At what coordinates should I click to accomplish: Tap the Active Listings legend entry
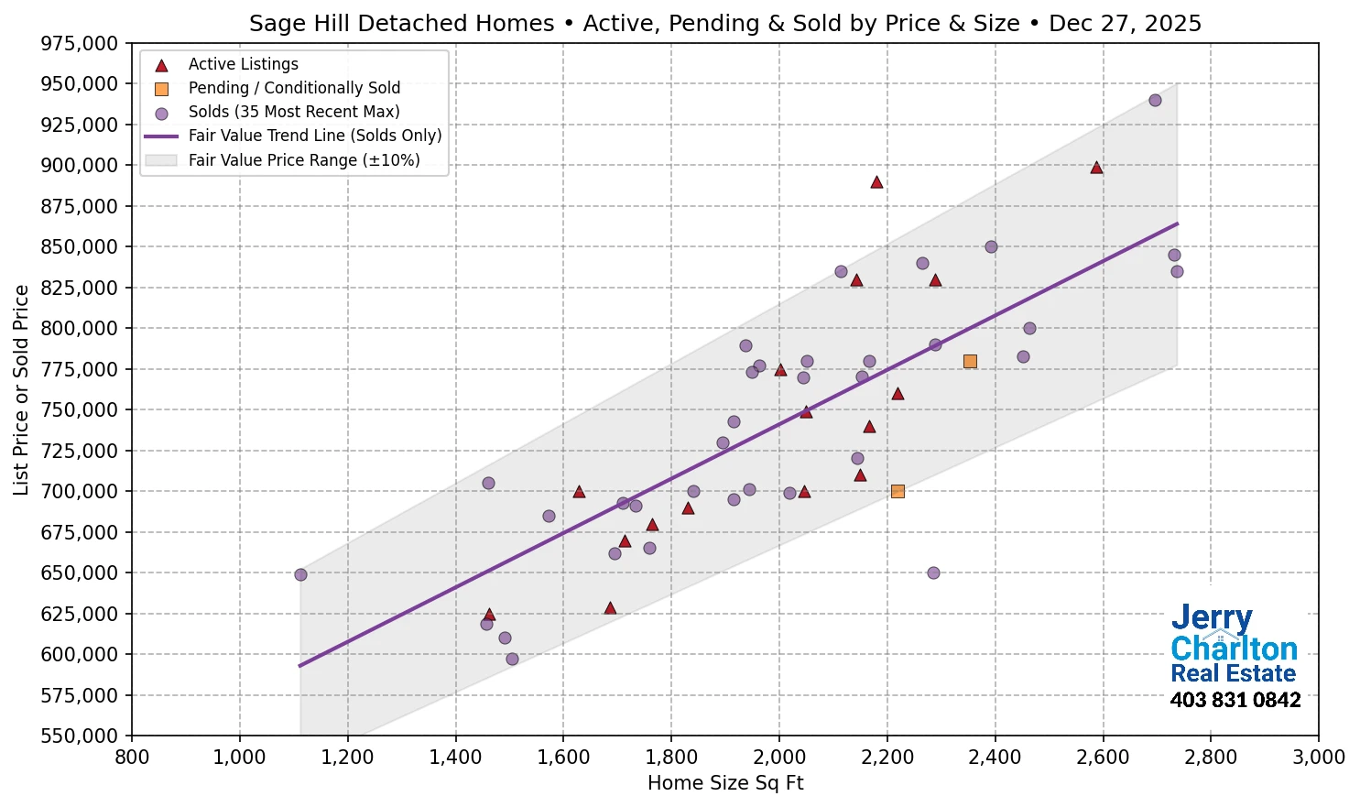pyautogui.click(x=243, y=64)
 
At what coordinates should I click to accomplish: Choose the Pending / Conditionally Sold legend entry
pyautogui.click(x=294, y=88)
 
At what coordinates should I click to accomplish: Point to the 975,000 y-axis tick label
pyautogui.click(x=82, y=43)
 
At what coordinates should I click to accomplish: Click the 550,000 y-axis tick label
pyautogui.click(x=82, y=736)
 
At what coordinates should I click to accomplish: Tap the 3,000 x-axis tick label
pyautogui.click(x=1318, y=758)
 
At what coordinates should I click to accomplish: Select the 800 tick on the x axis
pyautogui.click(x=132, y=758)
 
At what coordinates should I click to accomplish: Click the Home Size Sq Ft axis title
pyautogui.click(x=725, y=783)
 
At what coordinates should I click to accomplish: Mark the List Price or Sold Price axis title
pyautogui.click(x=22, y=390)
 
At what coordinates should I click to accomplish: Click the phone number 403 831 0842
pyautogui.click(x=1235, y=701)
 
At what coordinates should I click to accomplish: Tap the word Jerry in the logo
pyautogui.click(x=1211, y=618)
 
